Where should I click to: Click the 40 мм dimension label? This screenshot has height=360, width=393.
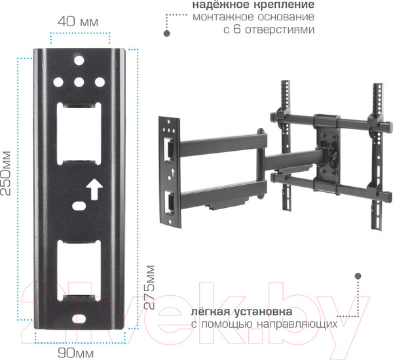click(78, 22)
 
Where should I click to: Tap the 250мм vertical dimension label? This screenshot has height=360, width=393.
click(6, 173)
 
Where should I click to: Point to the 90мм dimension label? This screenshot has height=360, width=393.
click(76, 353)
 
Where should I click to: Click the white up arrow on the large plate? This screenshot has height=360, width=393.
click(94, 189)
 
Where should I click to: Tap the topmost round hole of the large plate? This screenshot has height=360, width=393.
click(79, 60)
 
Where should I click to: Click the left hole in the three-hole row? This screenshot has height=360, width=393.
click(58, 82)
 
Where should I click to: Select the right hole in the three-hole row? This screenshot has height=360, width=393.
click(100, 82)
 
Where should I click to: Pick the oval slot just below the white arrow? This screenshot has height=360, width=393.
click(79, 206)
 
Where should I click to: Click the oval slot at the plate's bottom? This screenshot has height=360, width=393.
click(79, 319)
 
